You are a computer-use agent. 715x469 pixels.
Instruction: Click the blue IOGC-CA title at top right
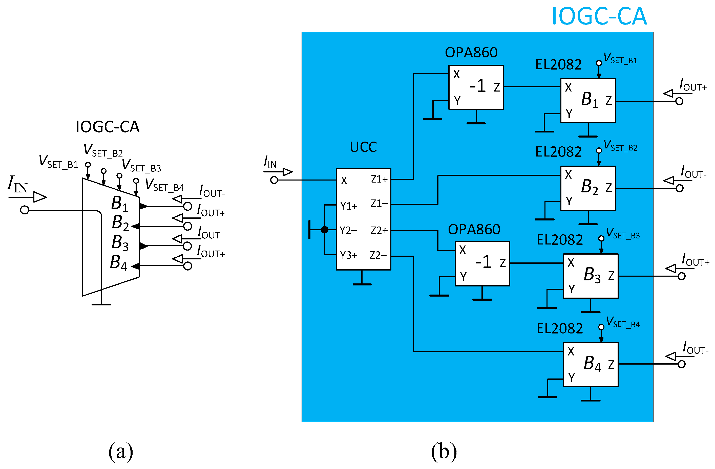[599, 16]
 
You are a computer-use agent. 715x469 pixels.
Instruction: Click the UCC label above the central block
[363, 147]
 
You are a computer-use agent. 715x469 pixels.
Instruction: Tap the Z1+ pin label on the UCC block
[379, 179]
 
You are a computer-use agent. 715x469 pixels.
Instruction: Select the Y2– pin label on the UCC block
[348, 231]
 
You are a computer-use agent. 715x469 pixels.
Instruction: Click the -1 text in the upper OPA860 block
[478, 86]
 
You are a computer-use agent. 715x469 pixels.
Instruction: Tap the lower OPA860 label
[474, 230]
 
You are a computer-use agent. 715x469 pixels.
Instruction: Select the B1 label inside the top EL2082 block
[590, 100]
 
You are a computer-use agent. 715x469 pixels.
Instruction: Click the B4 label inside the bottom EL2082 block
[592, 364]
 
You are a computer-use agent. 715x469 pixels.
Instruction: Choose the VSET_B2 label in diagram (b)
[620, 146]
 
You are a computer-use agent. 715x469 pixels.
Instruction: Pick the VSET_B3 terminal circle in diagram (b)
[601, 238]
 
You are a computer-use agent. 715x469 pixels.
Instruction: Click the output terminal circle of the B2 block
[680, 188]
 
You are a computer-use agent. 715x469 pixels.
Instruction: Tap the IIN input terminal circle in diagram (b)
[274, 180]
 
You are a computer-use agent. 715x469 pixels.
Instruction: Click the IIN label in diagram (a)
[17, 184]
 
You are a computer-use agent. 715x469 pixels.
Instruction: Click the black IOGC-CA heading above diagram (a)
[108, 127]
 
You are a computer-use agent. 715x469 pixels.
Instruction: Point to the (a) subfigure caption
[121, 451]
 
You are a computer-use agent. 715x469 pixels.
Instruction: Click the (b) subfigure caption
[444, 451]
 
